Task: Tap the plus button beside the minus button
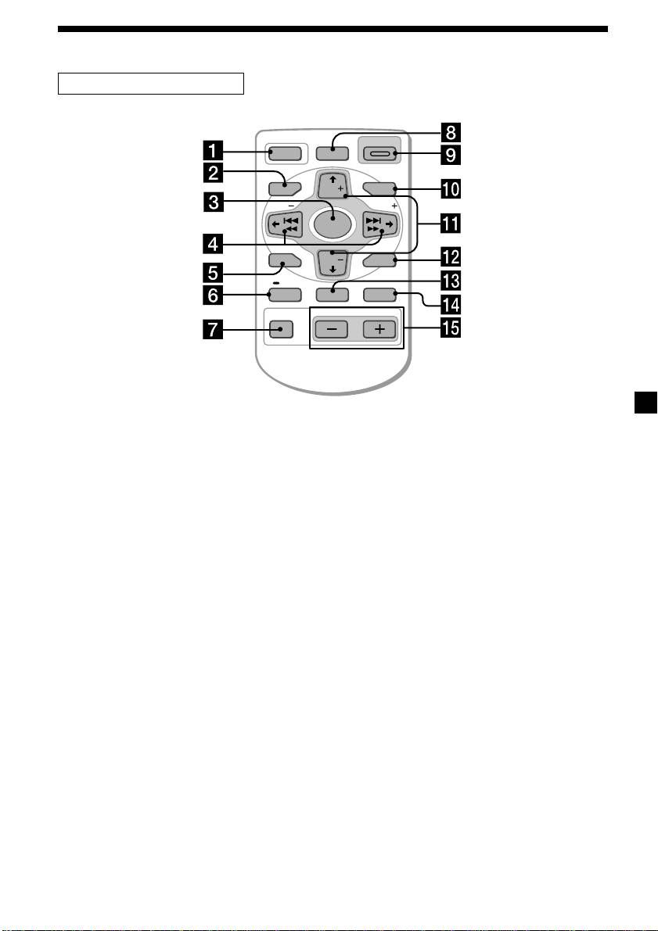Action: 379,329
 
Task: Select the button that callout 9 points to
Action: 381,154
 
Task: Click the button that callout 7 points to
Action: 275,329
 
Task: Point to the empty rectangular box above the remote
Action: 152,83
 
